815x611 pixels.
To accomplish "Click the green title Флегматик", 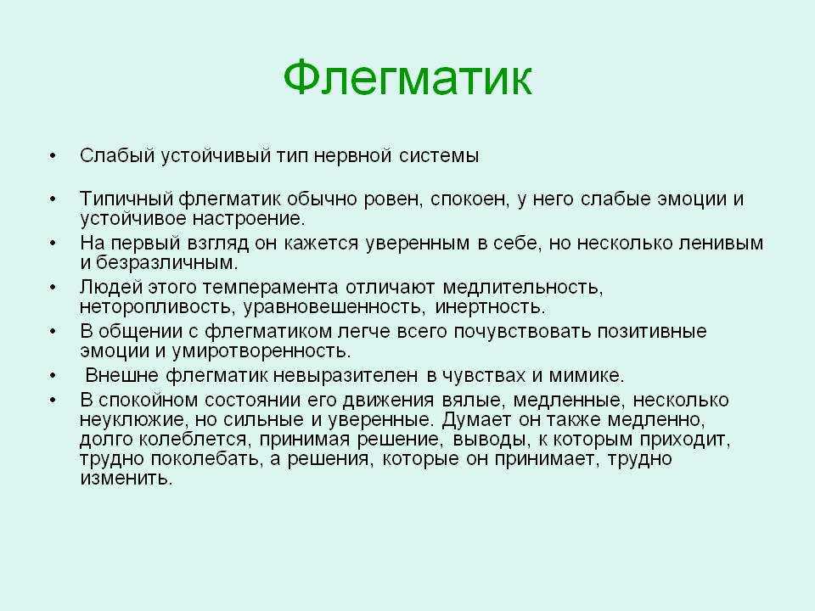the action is pos(408,78).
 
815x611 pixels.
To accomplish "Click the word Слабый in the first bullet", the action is pos(117,156).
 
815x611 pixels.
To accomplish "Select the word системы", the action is pos(439,156).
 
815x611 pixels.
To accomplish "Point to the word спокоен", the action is pos(469,199).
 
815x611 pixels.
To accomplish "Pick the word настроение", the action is pos(249,219).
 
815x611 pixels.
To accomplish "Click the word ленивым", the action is pos(722,244).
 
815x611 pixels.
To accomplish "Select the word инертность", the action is pos(490,307).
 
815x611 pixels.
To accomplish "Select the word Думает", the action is pos(474,419).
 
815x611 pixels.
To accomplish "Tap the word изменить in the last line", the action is pos(126,479).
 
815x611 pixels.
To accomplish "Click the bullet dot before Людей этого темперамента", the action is pos(52,288).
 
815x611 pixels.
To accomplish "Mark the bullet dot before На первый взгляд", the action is pos(52,244).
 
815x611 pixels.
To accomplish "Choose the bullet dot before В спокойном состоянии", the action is pos(52,400).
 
